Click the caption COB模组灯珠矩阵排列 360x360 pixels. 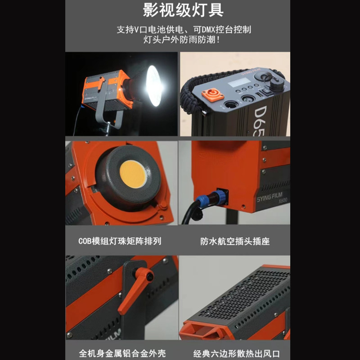pyautogui.click(x=119, y=241)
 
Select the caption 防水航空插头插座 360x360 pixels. pyautogui.click(x=234, y=241)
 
